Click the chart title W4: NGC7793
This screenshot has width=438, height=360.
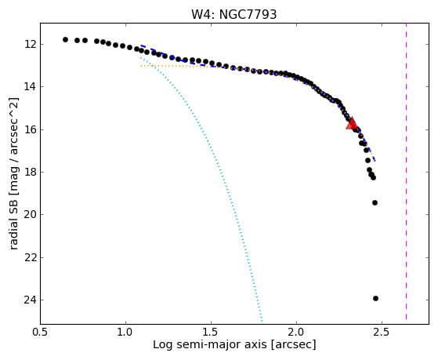(233, 14)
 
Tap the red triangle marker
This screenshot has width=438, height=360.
(352, 124)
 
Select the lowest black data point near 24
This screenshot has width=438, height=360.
(375, 299)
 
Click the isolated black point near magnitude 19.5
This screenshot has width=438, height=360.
(375, 202)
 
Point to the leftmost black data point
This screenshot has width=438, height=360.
(65, 39)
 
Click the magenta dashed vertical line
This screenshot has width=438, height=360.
(406, 172)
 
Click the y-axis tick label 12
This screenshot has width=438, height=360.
(30, 44)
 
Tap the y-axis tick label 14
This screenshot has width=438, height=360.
(30, 87)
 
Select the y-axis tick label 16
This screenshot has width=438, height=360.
(30, 129)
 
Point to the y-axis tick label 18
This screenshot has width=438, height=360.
(30, 172)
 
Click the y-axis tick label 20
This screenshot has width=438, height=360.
(30, 215)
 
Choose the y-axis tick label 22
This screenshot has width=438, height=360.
(30, 257)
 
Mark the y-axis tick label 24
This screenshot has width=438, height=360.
(30, 300)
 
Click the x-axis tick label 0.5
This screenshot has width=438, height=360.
(41, 333)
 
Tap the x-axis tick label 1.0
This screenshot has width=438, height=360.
(125, 333)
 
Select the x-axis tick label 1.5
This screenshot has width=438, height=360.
(212, 333)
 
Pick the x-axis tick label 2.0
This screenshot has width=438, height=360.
(296, 333)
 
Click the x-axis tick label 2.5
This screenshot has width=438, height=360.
(382, 333)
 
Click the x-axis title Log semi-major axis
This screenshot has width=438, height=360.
(209, 345)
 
